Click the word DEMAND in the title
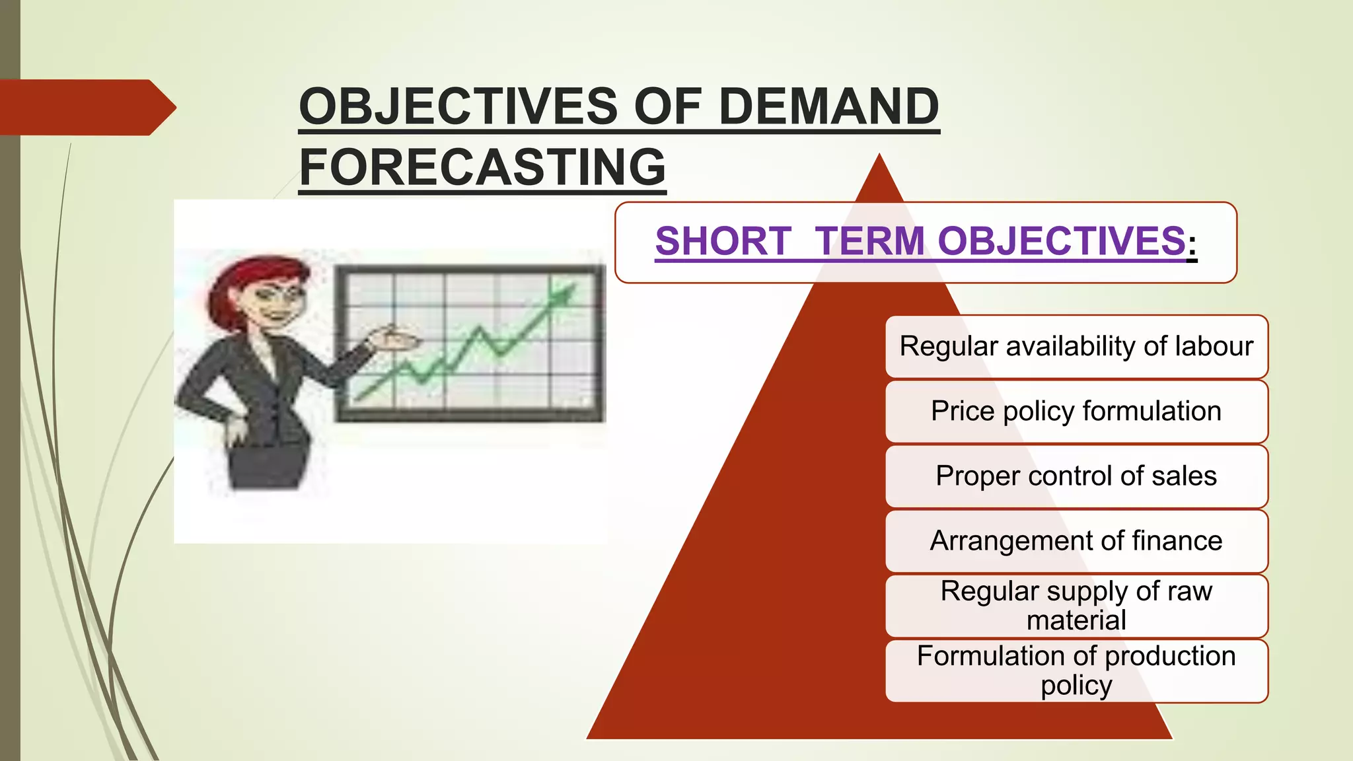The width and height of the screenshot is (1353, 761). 828,106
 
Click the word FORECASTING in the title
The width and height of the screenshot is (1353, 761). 482,166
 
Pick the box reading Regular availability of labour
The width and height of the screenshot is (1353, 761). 1076,346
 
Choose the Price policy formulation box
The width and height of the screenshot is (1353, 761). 1076,411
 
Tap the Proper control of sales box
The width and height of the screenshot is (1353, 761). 1076,476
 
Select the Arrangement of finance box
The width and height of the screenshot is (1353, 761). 1076,540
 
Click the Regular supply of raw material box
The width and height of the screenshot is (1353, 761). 1076,605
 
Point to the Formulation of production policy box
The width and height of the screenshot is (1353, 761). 1076,670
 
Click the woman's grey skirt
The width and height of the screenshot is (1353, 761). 268,466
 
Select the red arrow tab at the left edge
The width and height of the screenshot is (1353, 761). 86,107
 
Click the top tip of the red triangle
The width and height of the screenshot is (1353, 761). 879,159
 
